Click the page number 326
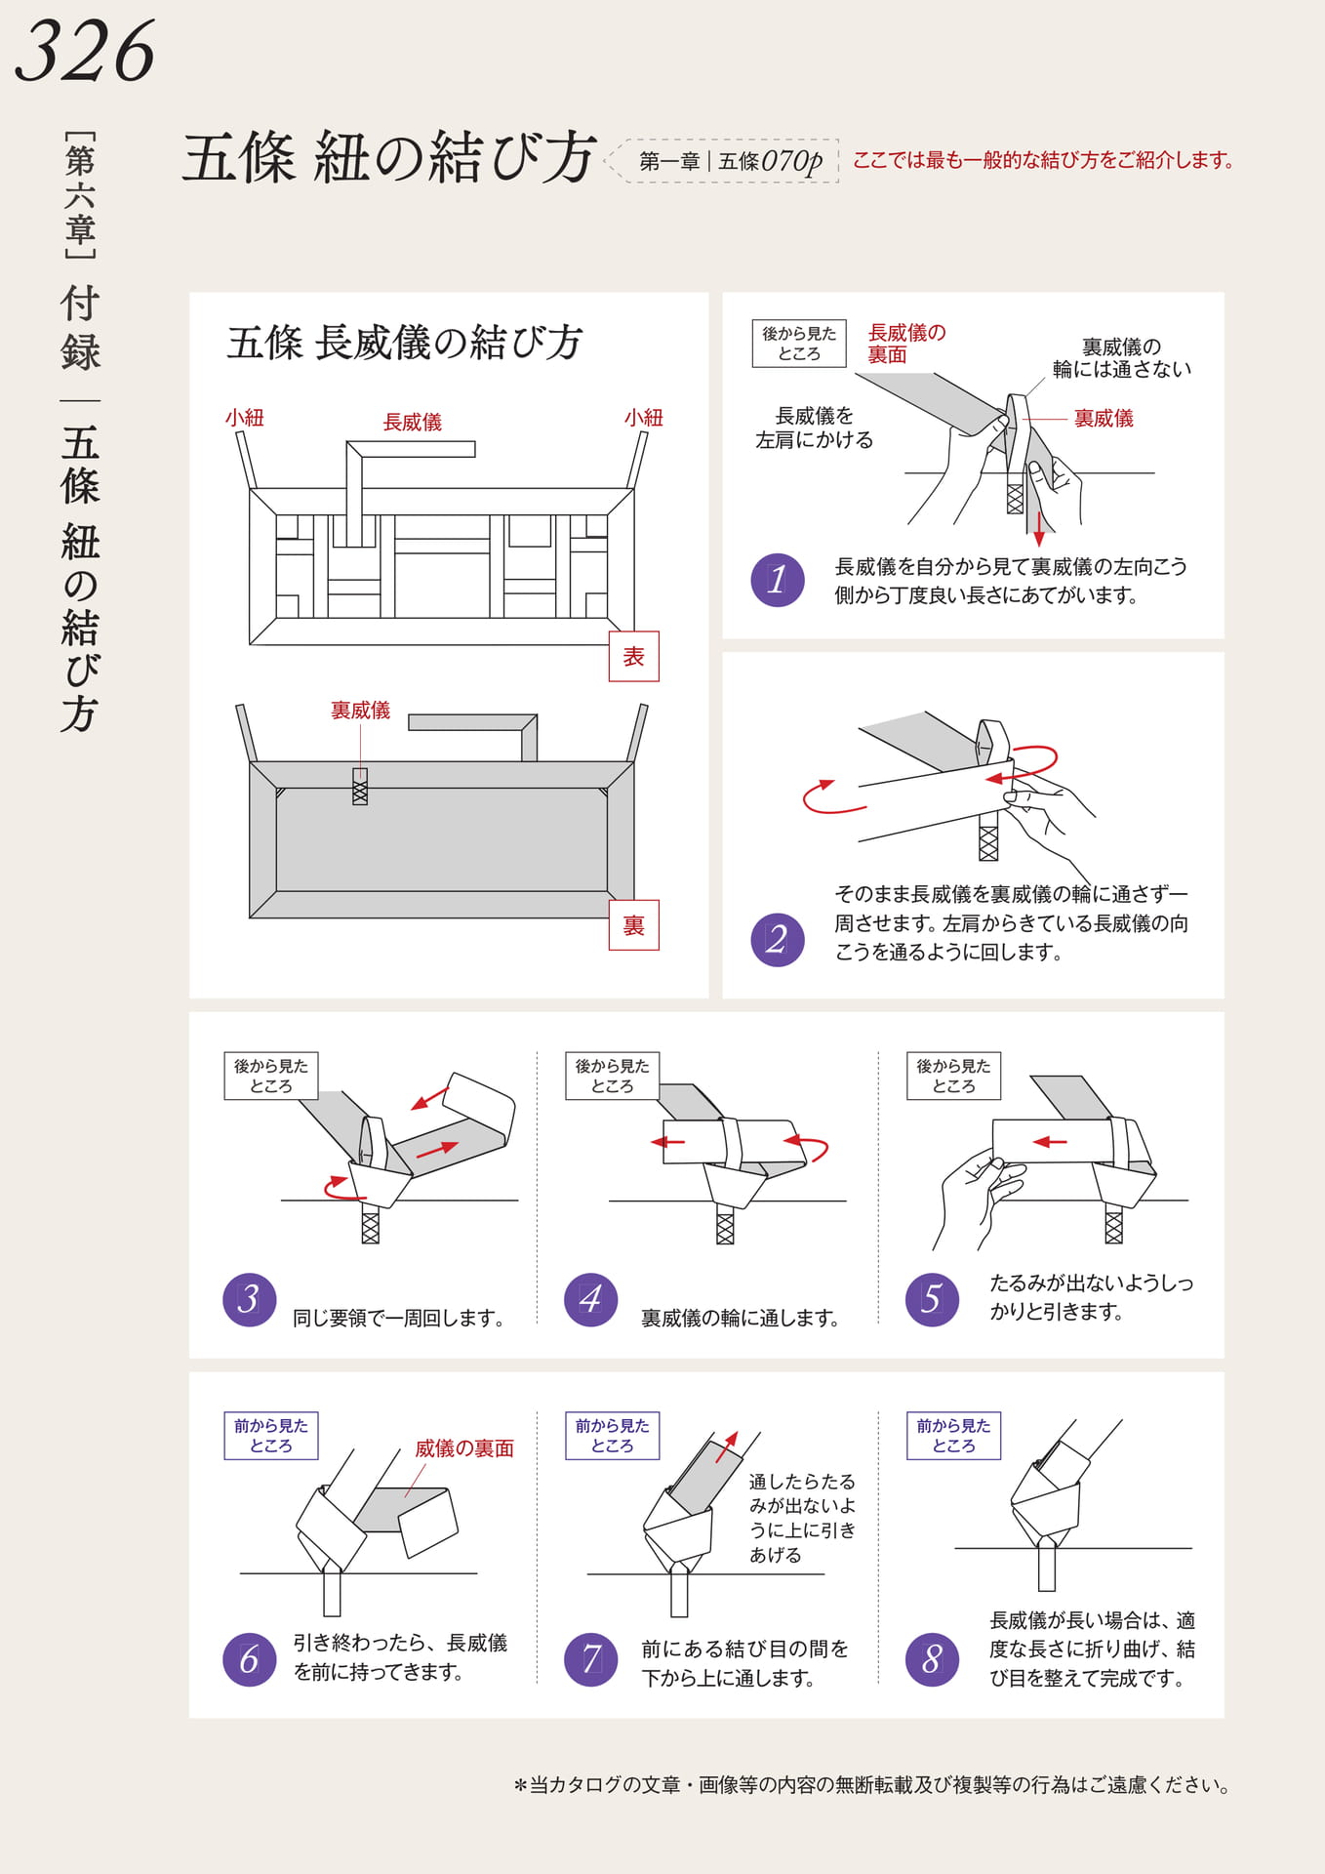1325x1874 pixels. (85, 51)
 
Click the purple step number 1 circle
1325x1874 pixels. (778, 580)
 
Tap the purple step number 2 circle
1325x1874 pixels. (778, 939)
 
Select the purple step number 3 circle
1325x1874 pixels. (250, 1299)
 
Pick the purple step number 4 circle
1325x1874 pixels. (591, 1299)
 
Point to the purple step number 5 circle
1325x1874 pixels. (933, 1299)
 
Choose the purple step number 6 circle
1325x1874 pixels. (250, 1659)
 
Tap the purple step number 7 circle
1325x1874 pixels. (591, 1659)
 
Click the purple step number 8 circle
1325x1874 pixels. (933, 1659)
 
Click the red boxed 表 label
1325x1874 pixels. (634, 657)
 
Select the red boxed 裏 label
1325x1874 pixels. (634, 925)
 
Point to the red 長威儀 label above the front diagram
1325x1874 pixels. (413, 422)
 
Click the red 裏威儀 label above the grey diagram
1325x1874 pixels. (360, 710)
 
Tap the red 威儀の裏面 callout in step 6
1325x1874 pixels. (464, 1448)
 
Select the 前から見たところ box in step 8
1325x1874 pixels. (954, 1436)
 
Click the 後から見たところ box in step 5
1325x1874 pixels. (954, 1076)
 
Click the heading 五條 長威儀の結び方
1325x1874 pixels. (405, 343)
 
